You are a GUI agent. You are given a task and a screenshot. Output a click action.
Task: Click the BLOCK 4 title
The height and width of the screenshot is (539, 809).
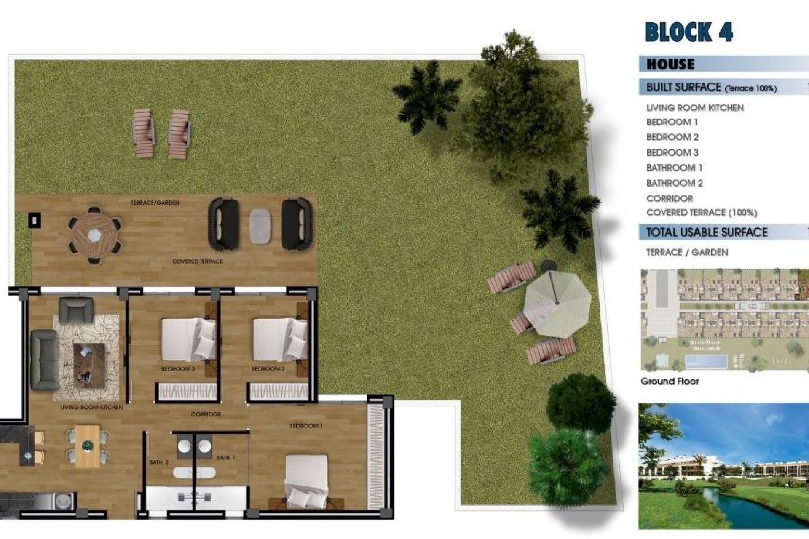[689, 32]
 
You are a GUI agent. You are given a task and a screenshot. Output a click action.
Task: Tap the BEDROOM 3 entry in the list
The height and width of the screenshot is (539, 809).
[672, 152]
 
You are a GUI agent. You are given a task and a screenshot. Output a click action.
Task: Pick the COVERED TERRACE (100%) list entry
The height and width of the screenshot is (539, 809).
[702, 213]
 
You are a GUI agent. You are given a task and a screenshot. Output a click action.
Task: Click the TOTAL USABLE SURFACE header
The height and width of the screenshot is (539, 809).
[707, 232]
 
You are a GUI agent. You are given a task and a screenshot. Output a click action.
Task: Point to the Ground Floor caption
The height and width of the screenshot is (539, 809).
[670, 382]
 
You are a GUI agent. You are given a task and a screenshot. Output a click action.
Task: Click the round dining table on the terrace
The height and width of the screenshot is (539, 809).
[95, 235]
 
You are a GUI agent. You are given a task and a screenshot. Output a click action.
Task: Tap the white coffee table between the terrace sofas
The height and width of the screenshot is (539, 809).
[260, 227]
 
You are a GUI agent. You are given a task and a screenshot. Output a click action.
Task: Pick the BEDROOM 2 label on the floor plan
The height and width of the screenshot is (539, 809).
[268, 369]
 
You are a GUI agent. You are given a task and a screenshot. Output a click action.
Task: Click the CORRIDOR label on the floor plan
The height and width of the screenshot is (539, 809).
[206, 414]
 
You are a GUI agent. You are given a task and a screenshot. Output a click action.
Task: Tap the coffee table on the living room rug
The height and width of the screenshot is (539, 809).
[88, 365]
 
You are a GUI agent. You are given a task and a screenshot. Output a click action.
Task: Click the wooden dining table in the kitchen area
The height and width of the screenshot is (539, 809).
[88, 445]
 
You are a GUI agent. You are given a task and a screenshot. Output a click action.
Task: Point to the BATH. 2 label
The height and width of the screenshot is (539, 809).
[159, 462]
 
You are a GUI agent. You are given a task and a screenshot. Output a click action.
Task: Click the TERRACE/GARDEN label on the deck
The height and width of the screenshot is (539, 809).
[155, 203]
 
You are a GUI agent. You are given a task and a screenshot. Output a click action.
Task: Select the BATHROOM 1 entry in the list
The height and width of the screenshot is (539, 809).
[674, 168]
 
